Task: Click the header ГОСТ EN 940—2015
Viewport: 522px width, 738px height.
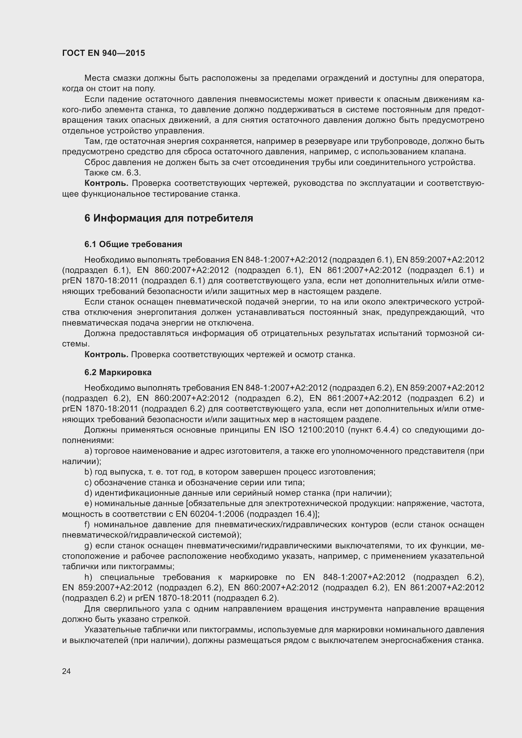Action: tap(104, 53)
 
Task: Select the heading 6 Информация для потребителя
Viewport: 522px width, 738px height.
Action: tap(169, 218)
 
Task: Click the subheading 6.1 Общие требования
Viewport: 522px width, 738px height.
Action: tap(133, 244)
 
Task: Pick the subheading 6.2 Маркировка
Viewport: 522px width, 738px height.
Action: tap(118, 373)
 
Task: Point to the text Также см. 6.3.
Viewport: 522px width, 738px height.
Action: tap(112, 173)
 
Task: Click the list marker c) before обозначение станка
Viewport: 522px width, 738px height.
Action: tap(88, 482)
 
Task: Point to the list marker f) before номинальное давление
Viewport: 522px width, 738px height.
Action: tap(87, 525)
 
